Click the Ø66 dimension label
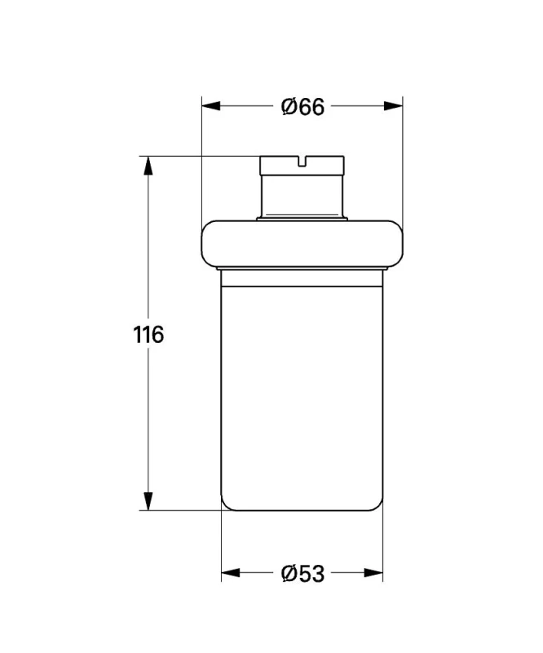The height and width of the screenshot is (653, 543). (x=302, y=107)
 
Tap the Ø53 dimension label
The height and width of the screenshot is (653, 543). (x=302, y=574)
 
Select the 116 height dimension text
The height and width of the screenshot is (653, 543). (x=148, y=335)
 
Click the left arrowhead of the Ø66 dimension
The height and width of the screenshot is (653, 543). (x=211, y=106)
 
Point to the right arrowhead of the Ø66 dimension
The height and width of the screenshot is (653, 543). (x=393, y=106)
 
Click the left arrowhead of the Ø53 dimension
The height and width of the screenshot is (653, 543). (x=231, y=573)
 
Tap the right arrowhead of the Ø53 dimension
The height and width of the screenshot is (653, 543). (x=373, y=573)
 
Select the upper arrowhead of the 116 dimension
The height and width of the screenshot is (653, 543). (x=148, y=166)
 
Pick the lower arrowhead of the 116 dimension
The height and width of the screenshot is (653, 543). (x=148, y=500)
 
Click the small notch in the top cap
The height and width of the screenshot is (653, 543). (x=302, y=160)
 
